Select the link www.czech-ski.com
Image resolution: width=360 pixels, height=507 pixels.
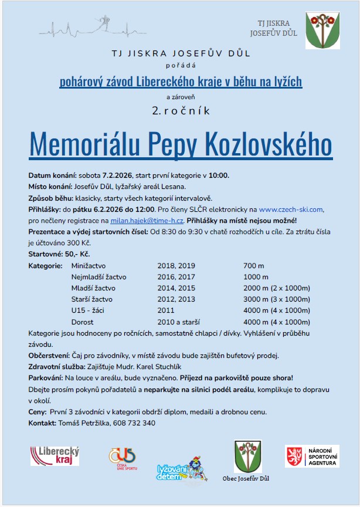pos(291,209)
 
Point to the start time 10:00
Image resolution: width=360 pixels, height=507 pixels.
pos(219,175)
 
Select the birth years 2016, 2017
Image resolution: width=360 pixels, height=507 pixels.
pos(176,277)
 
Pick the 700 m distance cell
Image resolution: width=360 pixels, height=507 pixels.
pos(253,266)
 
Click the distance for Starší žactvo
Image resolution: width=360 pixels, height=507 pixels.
pos(277,299)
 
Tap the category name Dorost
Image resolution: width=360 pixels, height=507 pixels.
pos(83,322)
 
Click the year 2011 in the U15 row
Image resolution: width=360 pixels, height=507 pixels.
pos(166,310)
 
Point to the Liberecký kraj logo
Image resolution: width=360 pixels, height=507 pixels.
pos(55,455)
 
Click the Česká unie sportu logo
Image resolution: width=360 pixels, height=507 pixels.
pos(122,457)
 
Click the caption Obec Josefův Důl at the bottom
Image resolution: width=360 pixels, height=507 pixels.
pos(246,478)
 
